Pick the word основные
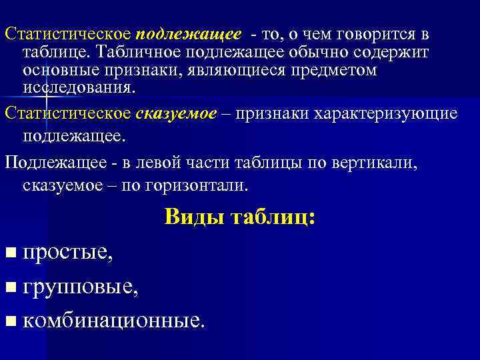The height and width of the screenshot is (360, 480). [57, 70]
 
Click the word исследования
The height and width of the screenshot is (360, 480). [78, 87]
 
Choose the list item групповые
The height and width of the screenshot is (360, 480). [81, 287]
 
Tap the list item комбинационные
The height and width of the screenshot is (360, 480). [114, 321]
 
